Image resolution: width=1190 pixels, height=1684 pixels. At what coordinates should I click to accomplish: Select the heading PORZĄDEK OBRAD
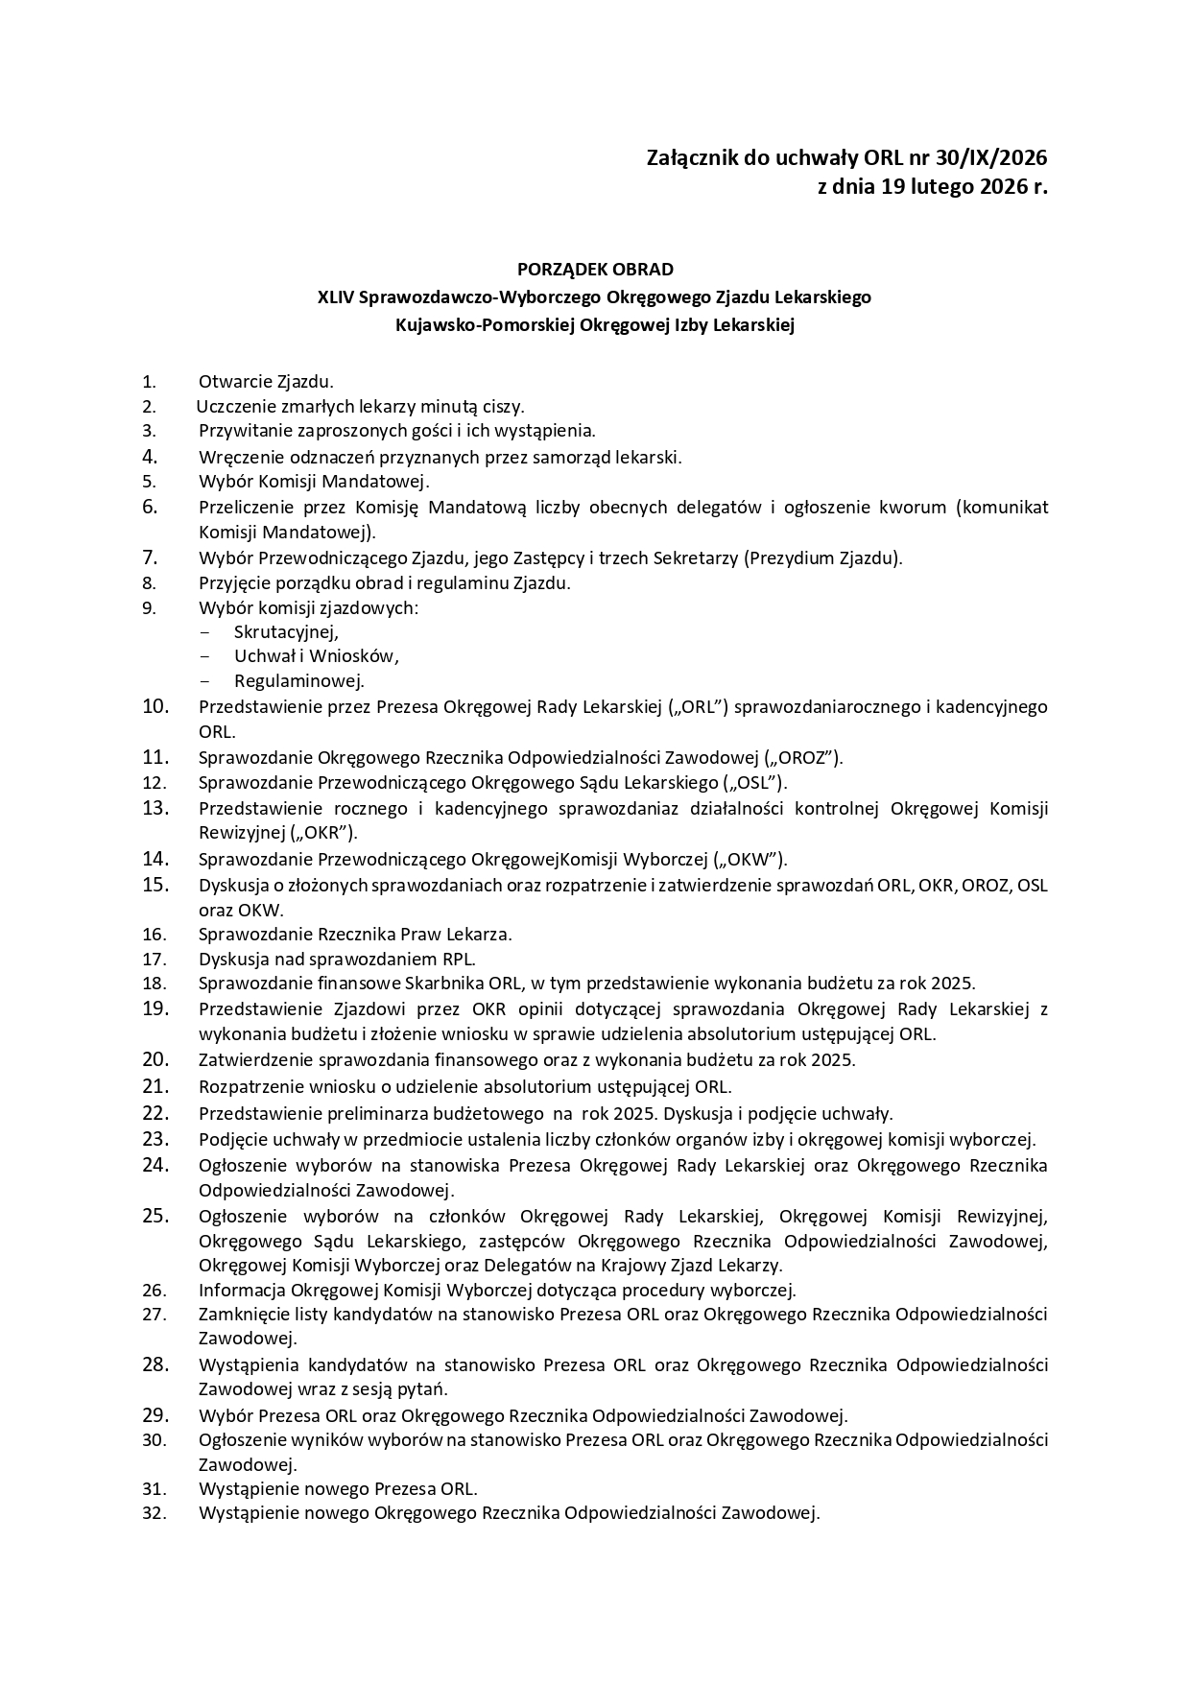click(595, 269)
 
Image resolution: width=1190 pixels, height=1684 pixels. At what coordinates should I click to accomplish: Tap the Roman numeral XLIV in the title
click(335, 297)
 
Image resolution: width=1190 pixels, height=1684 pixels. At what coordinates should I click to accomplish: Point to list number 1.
click(149, 382)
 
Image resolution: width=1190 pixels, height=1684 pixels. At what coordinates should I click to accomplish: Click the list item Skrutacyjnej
click(286, 631)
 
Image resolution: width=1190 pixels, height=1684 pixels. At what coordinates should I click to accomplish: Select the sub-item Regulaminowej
click(298, 681)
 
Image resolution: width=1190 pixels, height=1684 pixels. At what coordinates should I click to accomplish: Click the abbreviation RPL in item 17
click(458, 958)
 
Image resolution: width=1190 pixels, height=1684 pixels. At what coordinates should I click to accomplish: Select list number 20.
click(155, 1059)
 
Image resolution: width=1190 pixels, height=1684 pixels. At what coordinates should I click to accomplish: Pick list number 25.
click(155, 1216)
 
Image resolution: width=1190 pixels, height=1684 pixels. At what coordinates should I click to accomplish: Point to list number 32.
click(155, 1513)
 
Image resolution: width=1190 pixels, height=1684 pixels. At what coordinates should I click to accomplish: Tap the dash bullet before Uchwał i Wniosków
click(204, 656)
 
